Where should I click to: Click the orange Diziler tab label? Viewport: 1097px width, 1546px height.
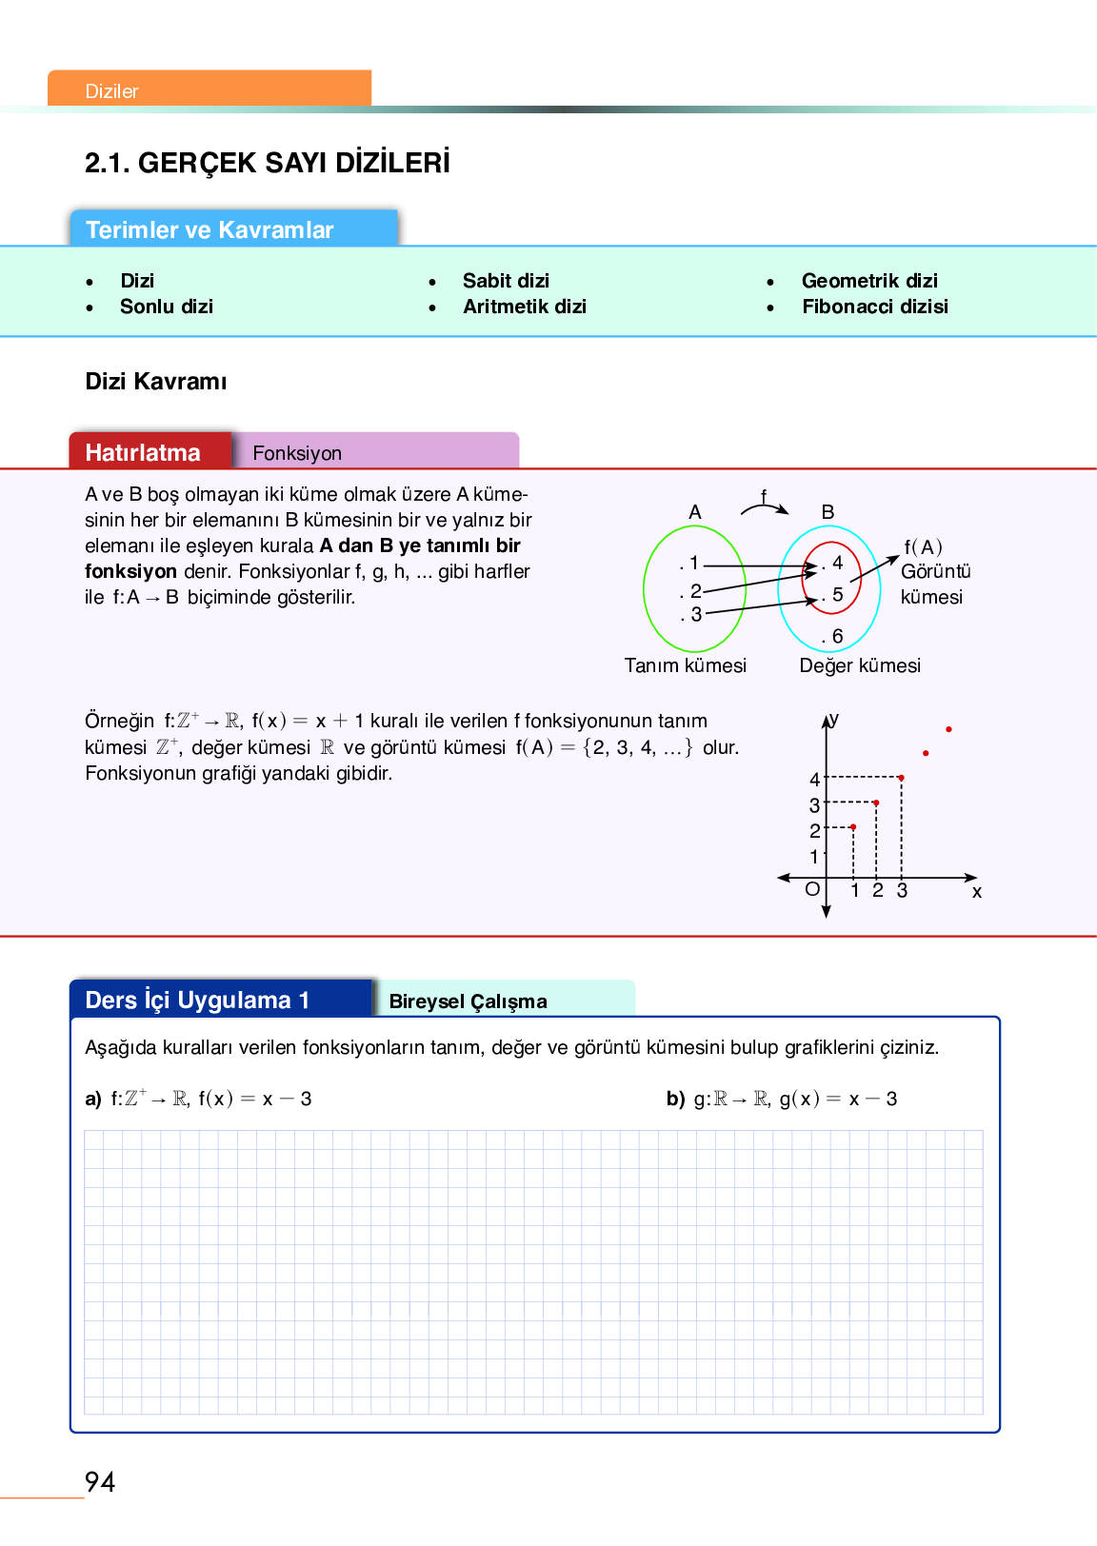(112, 91)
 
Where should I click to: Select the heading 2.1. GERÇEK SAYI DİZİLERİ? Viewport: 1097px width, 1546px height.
(267, 163)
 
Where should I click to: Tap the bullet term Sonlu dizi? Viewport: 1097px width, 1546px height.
(166, 307)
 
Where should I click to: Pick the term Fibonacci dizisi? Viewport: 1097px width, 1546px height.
(874, 307)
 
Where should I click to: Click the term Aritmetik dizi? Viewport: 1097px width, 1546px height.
(524, 307)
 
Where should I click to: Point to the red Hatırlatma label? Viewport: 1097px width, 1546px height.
(143, 452)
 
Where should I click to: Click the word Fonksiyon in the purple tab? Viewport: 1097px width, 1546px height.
(297, 453)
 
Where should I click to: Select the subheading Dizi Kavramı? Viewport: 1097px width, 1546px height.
(156, 382)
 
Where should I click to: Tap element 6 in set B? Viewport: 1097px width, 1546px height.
(836, 636)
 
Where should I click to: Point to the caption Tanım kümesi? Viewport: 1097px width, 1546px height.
(685, 665)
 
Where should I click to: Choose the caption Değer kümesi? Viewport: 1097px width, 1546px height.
(860, 665)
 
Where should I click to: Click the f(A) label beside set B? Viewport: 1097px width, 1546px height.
(923, 547)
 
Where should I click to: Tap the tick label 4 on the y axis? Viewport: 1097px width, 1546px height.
(814, 780)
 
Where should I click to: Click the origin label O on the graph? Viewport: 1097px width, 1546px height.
(812, 889)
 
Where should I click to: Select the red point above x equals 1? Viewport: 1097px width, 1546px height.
(853, 826)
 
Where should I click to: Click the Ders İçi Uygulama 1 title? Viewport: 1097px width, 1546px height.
(197, 1001)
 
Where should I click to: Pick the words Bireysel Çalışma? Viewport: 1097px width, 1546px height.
(468, 1001)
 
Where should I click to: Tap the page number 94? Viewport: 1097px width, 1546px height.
(100, 1482)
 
